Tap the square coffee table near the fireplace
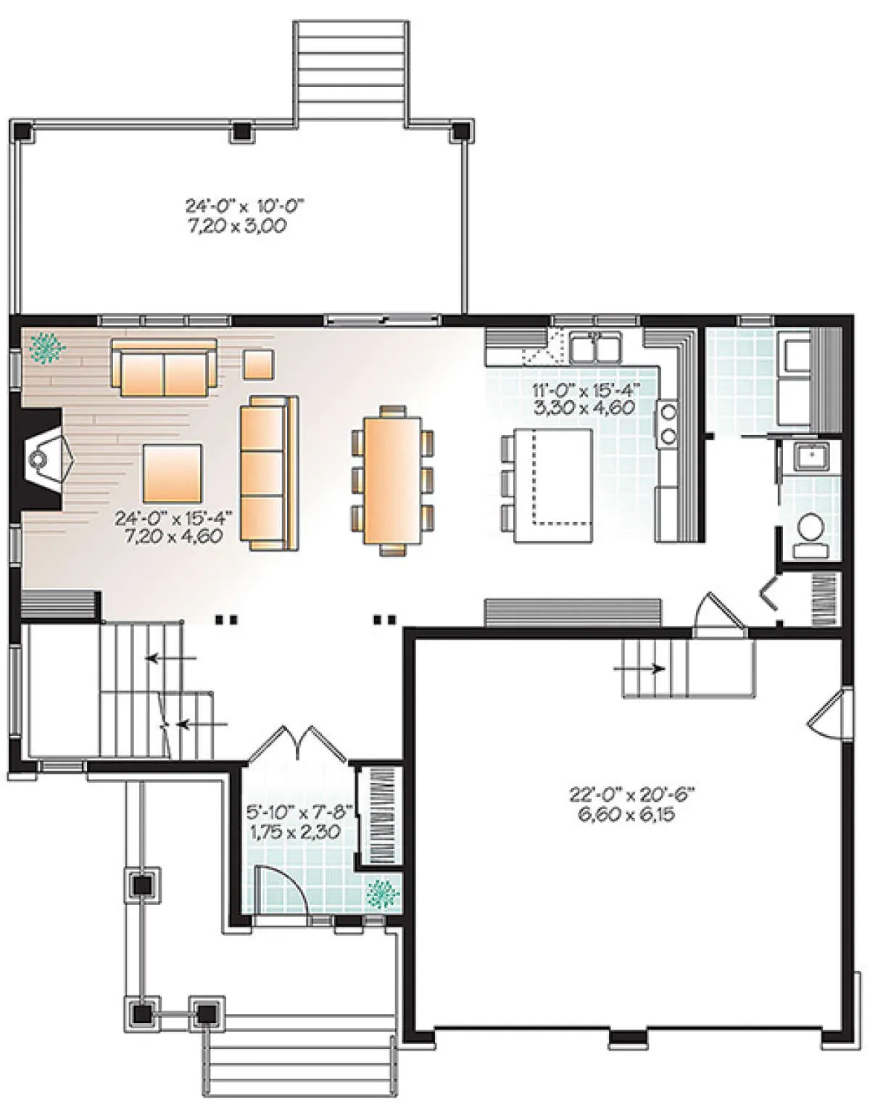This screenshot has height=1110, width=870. point(173,473)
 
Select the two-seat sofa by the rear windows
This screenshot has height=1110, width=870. point(165,367)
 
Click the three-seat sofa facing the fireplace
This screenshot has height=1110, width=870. point(268,473)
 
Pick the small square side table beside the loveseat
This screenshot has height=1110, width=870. point(259,364)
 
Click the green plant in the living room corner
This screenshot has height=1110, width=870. point(47,347)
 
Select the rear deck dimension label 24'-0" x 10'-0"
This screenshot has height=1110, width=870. point(244,206)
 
